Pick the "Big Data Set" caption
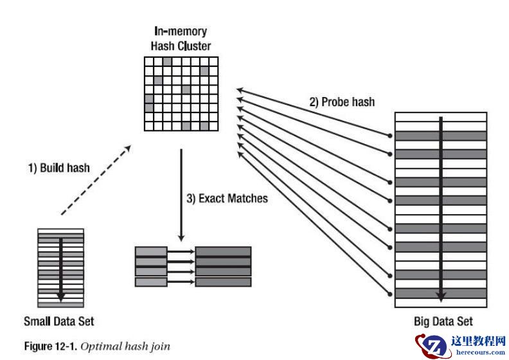point(443,321)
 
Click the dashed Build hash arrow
point(95,180)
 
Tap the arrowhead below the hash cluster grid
point(181,236)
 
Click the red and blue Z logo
point(428,345)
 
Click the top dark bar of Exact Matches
point(223,251)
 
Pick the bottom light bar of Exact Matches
point(151,282)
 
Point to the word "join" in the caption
point(161,347)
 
